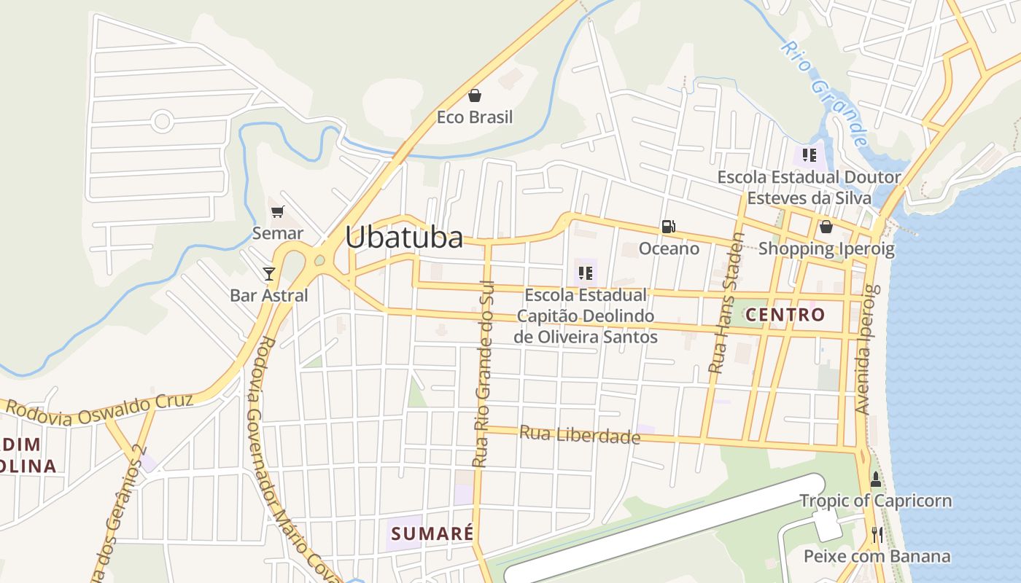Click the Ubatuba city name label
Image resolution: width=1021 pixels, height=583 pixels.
[x=404, y=237]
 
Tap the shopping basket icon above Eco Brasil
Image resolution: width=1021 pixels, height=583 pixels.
[x=475, y=95]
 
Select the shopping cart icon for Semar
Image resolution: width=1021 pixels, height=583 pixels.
[x=277, y=212]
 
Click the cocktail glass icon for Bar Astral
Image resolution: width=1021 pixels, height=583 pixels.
[x=269, y=273]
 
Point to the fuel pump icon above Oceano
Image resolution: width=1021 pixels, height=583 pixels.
[x=668, y=227]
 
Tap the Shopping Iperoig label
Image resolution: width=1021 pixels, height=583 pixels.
[x=826, y=249]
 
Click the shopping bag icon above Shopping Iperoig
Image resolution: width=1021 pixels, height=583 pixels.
[x=826, y=227]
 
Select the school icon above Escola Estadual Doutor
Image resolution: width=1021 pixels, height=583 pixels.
[x=809, y=154]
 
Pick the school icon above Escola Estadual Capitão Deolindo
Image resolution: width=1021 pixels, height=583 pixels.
[x=585, y=273]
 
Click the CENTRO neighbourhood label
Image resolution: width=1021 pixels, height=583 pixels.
[x=785, y=315]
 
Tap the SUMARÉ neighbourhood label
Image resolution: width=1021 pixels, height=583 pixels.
[x=432, y=533]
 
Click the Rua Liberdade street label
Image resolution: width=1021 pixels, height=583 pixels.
[x=579, y=435]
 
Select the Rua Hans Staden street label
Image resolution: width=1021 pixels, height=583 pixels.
[x=726, y=303]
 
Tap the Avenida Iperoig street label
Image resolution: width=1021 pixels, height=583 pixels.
[x=864, y=350]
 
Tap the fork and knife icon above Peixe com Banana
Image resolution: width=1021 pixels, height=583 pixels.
[x=877, y=535]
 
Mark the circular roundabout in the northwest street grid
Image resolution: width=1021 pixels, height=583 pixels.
[x=162, y=122]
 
